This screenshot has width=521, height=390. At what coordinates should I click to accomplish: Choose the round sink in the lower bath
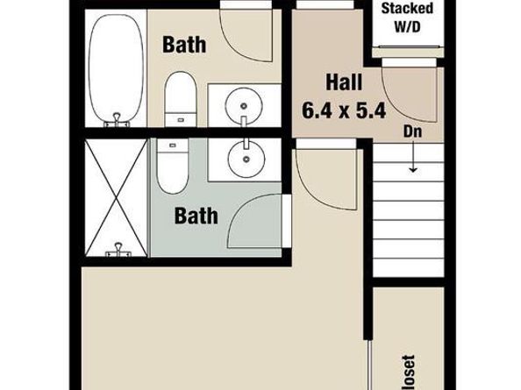[245, 158]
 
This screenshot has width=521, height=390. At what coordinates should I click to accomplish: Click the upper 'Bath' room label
[184, 43]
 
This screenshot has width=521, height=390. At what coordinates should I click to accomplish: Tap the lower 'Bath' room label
[196, 216]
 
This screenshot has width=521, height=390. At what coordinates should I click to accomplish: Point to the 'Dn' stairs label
[413, 132]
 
